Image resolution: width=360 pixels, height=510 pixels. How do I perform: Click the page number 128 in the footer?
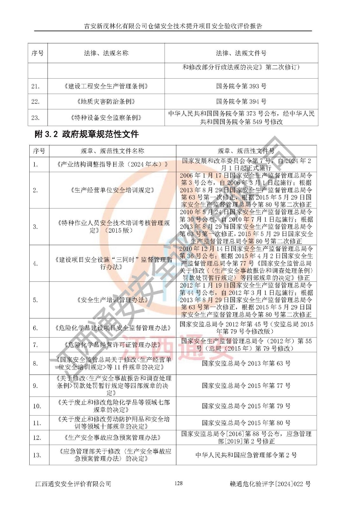point(179,483)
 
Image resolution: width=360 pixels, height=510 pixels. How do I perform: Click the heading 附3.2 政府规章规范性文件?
point(86,134)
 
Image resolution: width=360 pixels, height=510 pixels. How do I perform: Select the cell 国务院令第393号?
point(241,86)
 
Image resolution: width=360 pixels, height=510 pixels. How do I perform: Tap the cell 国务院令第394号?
point(241,102)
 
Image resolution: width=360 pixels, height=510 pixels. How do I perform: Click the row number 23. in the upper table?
point(35,118)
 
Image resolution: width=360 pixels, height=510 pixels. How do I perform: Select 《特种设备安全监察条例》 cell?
point(106,118)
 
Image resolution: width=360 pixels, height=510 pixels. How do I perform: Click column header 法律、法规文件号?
point(241,53)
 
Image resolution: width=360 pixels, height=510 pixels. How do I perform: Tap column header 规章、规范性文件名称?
point(112,151)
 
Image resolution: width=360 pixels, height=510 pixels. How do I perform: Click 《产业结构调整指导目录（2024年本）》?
point(112,164)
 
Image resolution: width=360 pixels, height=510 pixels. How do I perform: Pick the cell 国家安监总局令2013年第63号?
point(246,363)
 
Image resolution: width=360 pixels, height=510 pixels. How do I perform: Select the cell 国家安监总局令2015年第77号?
point(246,386)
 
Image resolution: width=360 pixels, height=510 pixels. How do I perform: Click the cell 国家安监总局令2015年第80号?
point(246,423)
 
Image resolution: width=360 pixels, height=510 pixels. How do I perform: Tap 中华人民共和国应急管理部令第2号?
point(246,455)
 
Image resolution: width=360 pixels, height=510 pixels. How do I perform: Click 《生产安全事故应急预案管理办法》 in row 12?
point(112,438)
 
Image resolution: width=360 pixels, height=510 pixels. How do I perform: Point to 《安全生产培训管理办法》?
point(112,300)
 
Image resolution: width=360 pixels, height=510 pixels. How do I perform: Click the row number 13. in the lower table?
point(37,455)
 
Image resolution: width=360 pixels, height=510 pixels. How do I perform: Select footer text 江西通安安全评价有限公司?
point(73,484)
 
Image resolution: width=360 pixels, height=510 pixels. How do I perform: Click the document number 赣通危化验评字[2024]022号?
point(270,484)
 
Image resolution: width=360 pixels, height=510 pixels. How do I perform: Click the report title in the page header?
point(173,26)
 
